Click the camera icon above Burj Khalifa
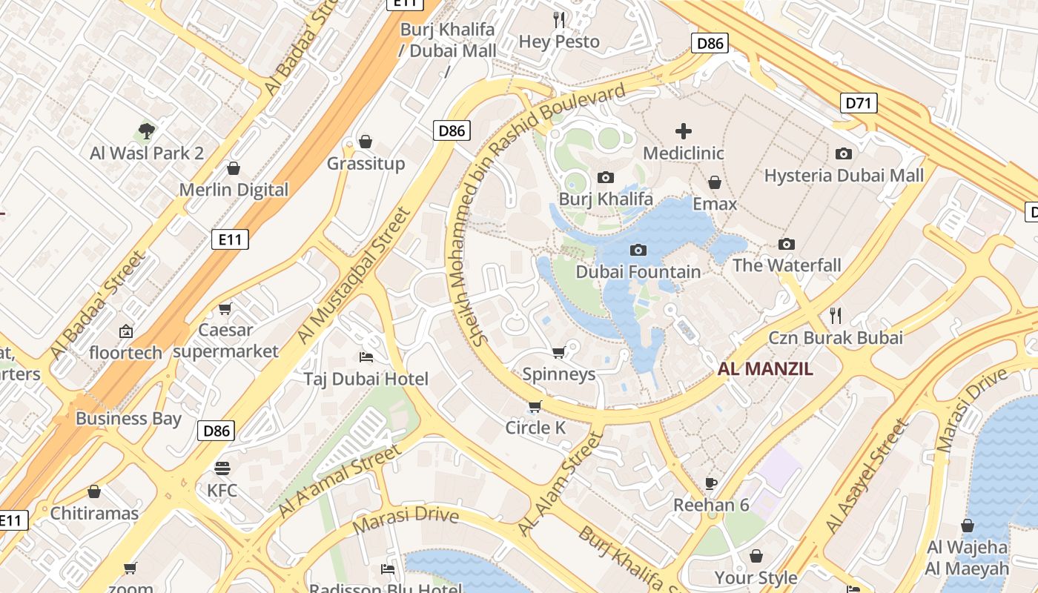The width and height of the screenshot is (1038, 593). (x=606, y=178)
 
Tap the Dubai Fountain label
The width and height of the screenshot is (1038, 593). (x=638, y=272)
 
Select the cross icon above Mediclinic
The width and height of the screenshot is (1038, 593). (x=684, y=132)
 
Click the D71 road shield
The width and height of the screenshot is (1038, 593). (x=859, y=103)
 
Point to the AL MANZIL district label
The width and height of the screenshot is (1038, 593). (x=765, y=368)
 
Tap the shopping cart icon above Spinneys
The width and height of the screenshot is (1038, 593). (x=559, y=352)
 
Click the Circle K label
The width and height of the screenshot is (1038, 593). (x=535, y=428)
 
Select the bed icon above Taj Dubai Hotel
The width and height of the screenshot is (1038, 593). (x=366, y=357)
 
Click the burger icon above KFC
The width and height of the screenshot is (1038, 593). (x=222, y=468)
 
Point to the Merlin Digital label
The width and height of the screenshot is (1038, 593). (x=234, y=190)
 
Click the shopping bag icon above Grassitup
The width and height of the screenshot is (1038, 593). (x=366, y=142)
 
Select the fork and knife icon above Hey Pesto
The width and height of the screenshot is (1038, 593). (x=559, y=19)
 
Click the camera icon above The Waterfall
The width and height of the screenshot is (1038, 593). (x=787, y=244)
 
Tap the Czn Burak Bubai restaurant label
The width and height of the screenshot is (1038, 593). (x=835, y=338)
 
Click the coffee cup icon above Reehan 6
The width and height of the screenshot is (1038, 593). (x=710, y=483)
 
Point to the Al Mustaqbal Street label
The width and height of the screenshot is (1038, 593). (x=354, y=276)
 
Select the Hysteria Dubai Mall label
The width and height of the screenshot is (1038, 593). (x=844, y=176)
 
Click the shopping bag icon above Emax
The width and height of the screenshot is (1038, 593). (x=715, y=182)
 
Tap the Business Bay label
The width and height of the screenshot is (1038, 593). (x=128, y=418)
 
